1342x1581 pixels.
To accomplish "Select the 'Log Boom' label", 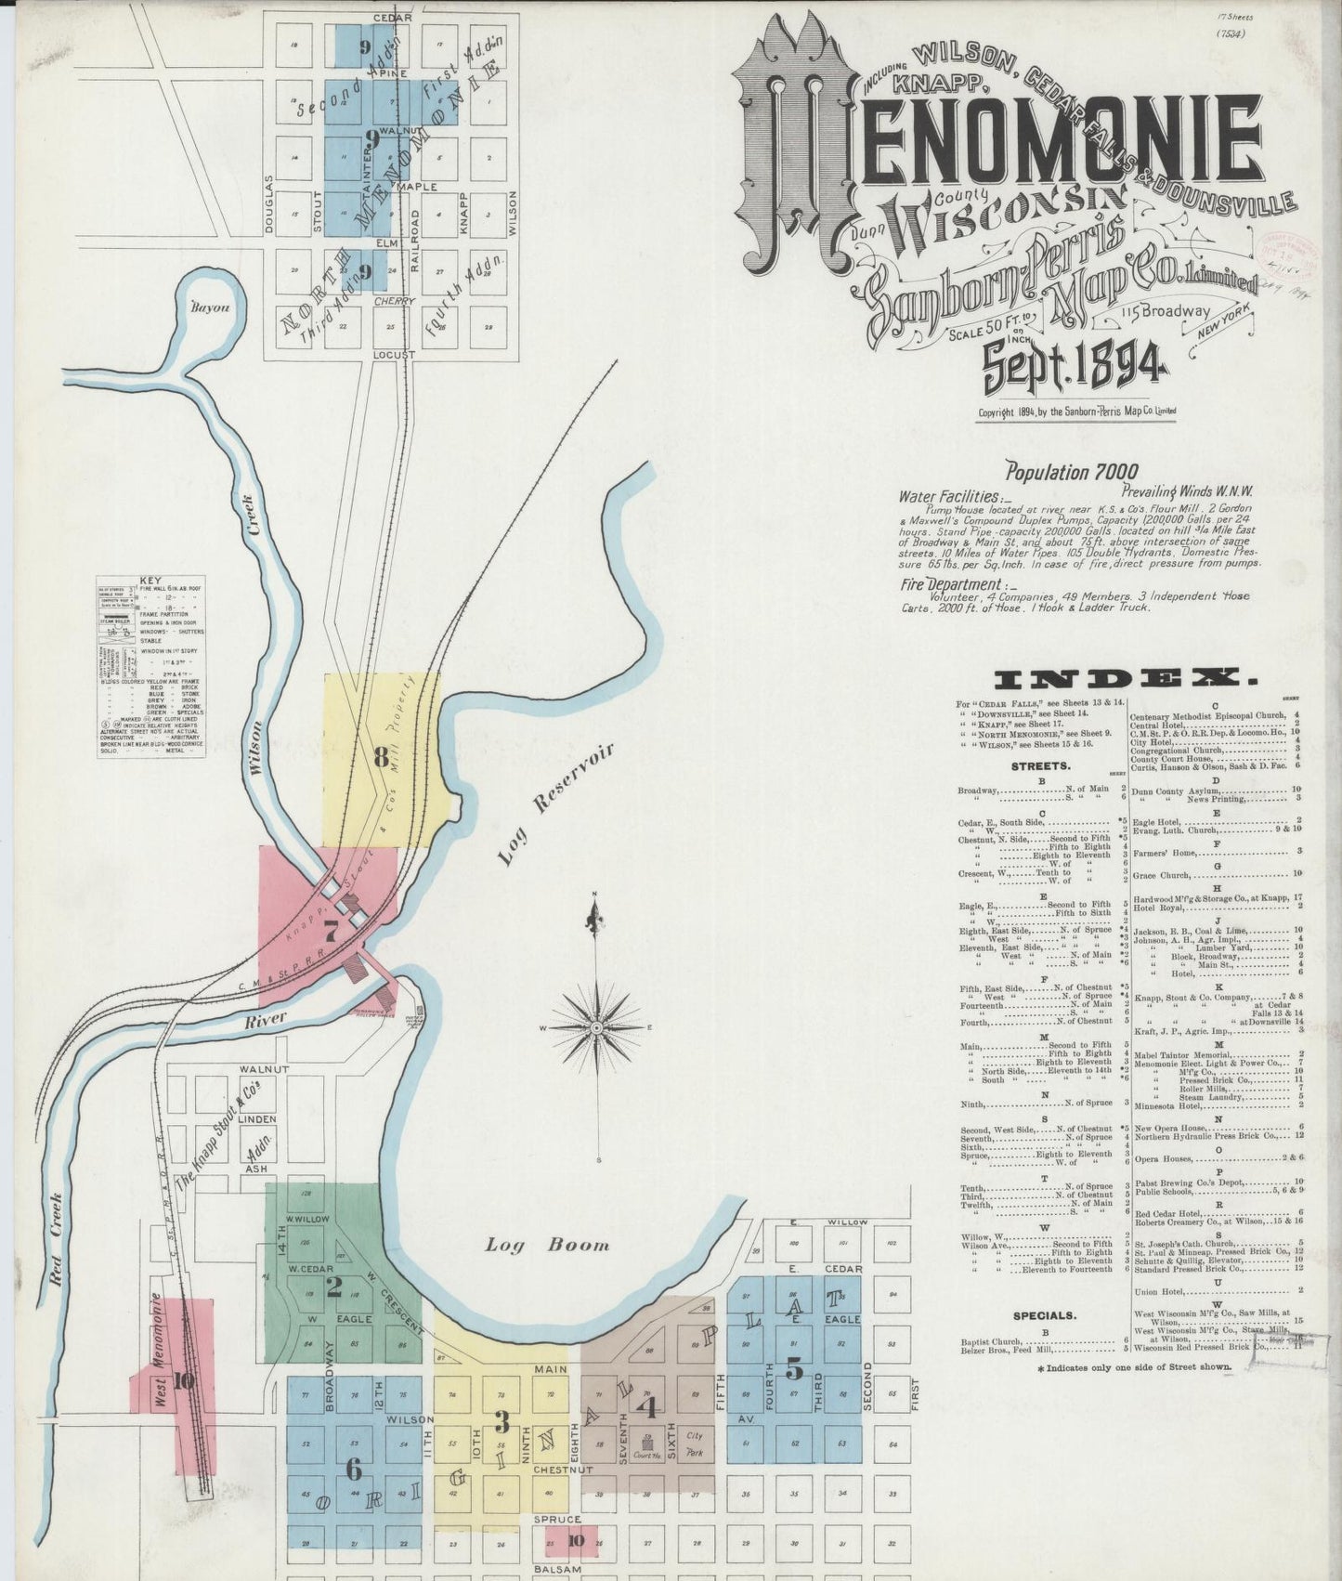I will coord(548,1245).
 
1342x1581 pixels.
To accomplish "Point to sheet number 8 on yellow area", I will coord(381,757).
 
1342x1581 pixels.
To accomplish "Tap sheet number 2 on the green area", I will coord(332,1287).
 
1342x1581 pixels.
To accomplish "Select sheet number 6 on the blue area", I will coord(353,1468).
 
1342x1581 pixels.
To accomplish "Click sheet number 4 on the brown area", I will coord(648,1407).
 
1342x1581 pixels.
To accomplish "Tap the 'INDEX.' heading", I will coord(1126,677).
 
